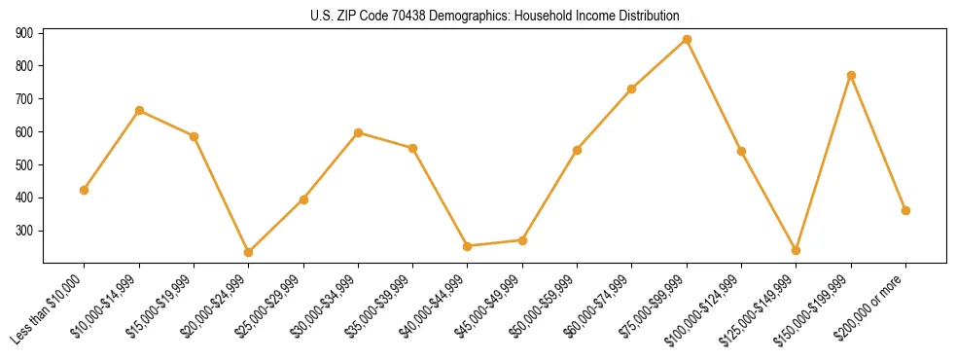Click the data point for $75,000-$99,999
[687, 40]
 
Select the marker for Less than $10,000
[85, 190]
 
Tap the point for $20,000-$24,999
[249, 252]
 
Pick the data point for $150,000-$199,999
[851, 75]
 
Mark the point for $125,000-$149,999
[797, 250]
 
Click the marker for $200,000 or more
[905, 210]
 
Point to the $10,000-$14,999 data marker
[139, 111]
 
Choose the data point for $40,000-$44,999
[468, 246]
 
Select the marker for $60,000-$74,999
[632, 89]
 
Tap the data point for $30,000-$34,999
[359, 132]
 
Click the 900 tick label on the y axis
[25, 33]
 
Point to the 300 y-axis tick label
[25, 232]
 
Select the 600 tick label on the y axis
[25, 132]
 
